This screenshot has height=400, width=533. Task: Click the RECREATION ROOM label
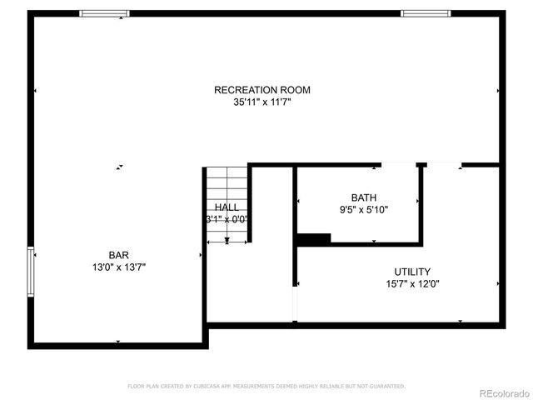256,90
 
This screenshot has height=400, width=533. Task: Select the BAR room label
118,255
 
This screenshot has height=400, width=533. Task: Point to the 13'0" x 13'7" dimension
118,267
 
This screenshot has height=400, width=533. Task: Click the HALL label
227,207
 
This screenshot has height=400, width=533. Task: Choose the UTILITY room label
411,272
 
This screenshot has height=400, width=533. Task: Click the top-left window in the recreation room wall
104,13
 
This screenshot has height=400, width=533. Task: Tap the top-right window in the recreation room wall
426,13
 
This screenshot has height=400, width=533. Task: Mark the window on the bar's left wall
32,272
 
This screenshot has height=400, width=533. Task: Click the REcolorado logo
502,392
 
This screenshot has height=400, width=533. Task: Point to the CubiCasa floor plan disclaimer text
266,386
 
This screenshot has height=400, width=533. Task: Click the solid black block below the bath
313,238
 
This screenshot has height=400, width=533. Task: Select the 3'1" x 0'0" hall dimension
227,220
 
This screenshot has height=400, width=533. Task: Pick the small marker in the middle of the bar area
120,167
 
